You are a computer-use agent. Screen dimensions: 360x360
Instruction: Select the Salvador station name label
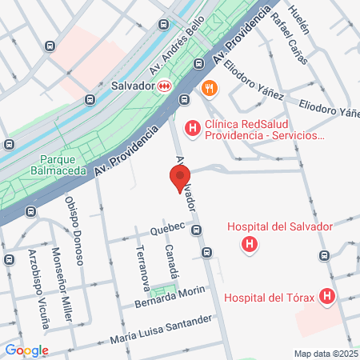click(x=132, y=86)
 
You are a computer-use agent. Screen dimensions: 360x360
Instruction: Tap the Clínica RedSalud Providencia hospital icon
click(x=192, y=127)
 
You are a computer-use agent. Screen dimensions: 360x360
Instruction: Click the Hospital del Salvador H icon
click(x=250, y=243)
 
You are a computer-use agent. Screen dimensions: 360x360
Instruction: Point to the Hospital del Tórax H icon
click(x=326, y=298)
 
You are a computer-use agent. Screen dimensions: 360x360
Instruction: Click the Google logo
click(x=26, y=350)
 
